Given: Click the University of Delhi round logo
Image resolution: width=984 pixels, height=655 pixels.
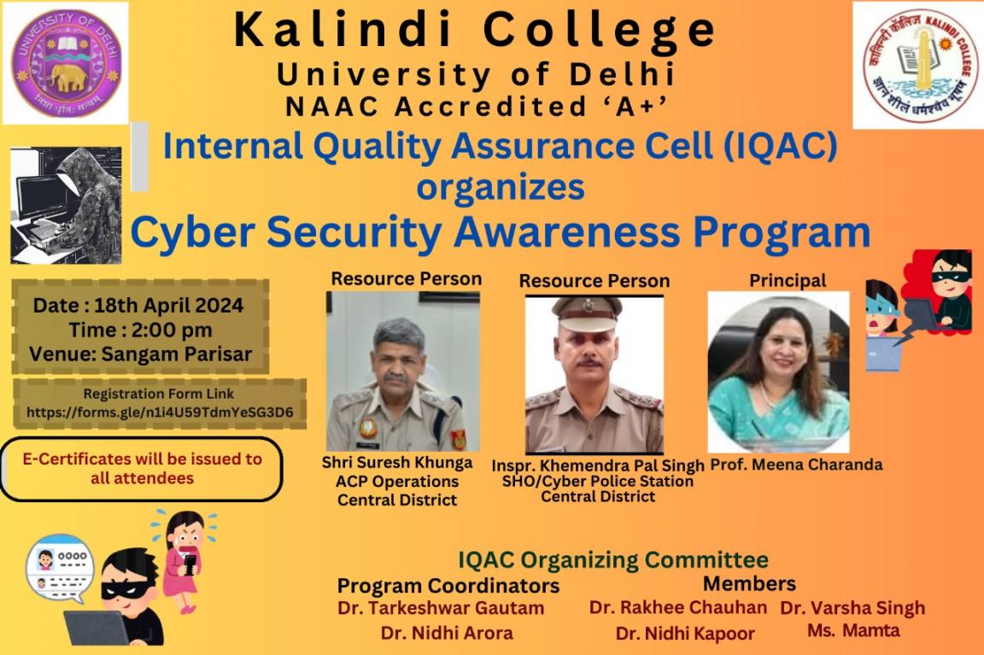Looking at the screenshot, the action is point(65,62).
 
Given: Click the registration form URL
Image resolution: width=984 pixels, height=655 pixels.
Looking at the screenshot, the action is point(160,412).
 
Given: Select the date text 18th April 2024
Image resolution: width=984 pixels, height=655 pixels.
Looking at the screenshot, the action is point(168,306).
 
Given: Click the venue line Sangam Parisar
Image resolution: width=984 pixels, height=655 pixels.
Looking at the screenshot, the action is point(141,354).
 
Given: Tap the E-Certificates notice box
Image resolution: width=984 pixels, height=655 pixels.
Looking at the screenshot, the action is point(142,469).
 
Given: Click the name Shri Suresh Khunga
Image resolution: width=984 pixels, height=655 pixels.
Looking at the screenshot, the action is point(397,463).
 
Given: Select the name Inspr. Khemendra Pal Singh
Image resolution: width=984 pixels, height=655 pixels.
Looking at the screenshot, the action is point(597,466).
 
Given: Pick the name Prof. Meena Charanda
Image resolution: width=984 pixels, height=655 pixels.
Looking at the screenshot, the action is point(796,465).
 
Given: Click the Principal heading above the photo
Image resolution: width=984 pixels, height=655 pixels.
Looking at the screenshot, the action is point(788,280).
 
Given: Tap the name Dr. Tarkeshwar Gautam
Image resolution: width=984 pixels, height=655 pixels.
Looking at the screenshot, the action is point(441,608).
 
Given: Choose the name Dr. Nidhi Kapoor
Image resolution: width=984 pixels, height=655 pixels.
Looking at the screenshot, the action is point(685,634).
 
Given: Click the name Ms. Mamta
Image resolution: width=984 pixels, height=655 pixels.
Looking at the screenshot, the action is point(853,630).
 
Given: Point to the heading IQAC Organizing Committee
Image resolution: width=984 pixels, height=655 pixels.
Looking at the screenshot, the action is point(613,559).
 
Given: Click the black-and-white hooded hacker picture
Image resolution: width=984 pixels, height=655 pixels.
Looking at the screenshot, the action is point(66,205).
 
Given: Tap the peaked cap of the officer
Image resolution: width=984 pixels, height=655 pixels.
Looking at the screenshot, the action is point(588,313).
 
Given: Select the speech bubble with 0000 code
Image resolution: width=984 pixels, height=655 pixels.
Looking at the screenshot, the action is point(61,568).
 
